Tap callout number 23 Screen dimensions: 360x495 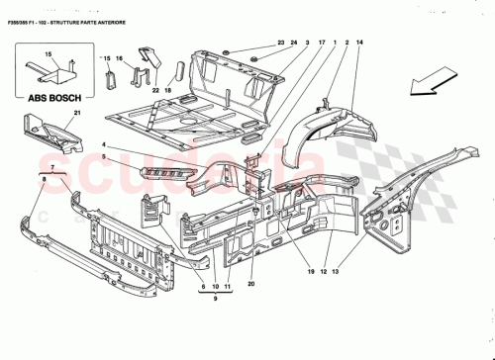click(x=280, y=43)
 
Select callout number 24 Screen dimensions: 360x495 click(x=294, y=43)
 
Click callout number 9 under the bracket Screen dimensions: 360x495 click(x=217, y=300)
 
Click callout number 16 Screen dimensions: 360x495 click(x=119, y=60)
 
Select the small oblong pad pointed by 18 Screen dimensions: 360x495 click(x=180, y=71)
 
